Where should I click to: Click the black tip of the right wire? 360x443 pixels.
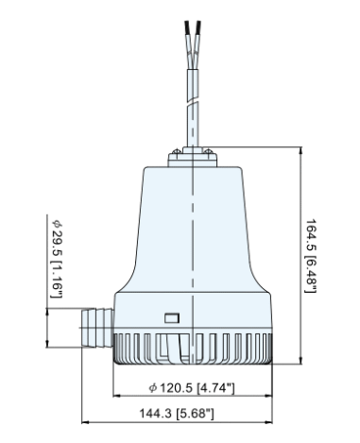[206, 22]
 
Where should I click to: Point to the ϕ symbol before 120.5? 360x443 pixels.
[153, 388]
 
